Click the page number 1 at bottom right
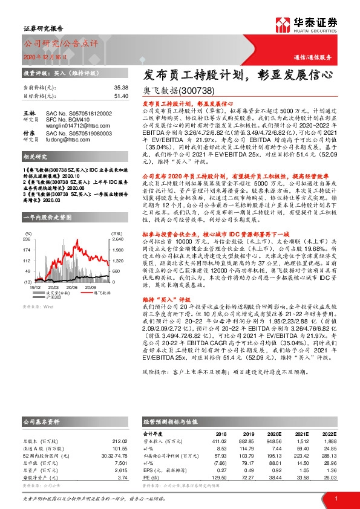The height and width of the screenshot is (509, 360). (x=335, y=498)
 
